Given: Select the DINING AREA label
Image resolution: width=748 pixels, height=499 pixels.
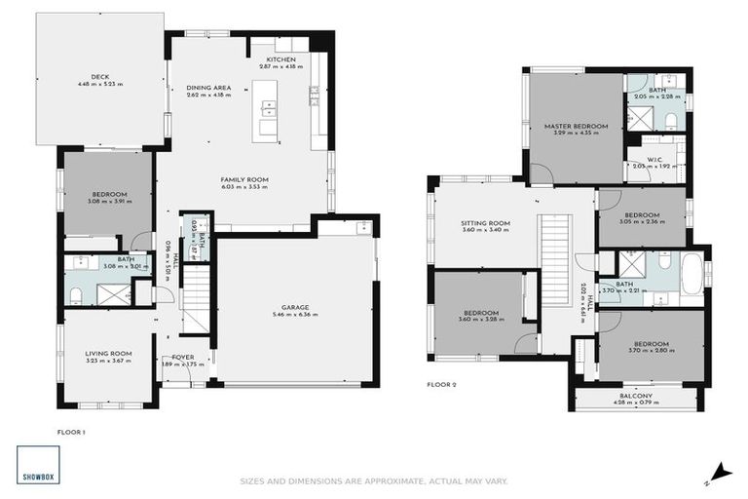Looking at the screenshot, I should (x=207, y=88).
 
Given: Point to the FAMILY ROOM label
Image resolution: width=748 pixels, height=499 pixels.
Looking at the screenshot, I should (x=243, y=179).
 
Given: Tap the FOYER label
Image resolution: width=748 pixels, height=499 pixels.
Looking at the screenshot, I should (x=183, y=357).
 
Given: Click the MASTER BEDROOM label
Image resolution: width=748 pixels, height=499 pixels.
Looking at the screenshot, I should (x=576, y=126).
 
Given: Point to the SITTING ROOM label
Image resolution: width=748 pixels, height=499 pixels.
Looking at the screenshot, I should (x=485, y=223).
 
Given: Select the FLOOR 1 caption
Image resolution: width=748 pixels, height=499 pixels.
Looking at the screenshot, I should (x=71, y=429).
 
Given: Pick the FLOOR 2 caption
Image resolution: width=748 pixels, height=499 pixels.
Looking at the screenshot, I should (x=441, y=384).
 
